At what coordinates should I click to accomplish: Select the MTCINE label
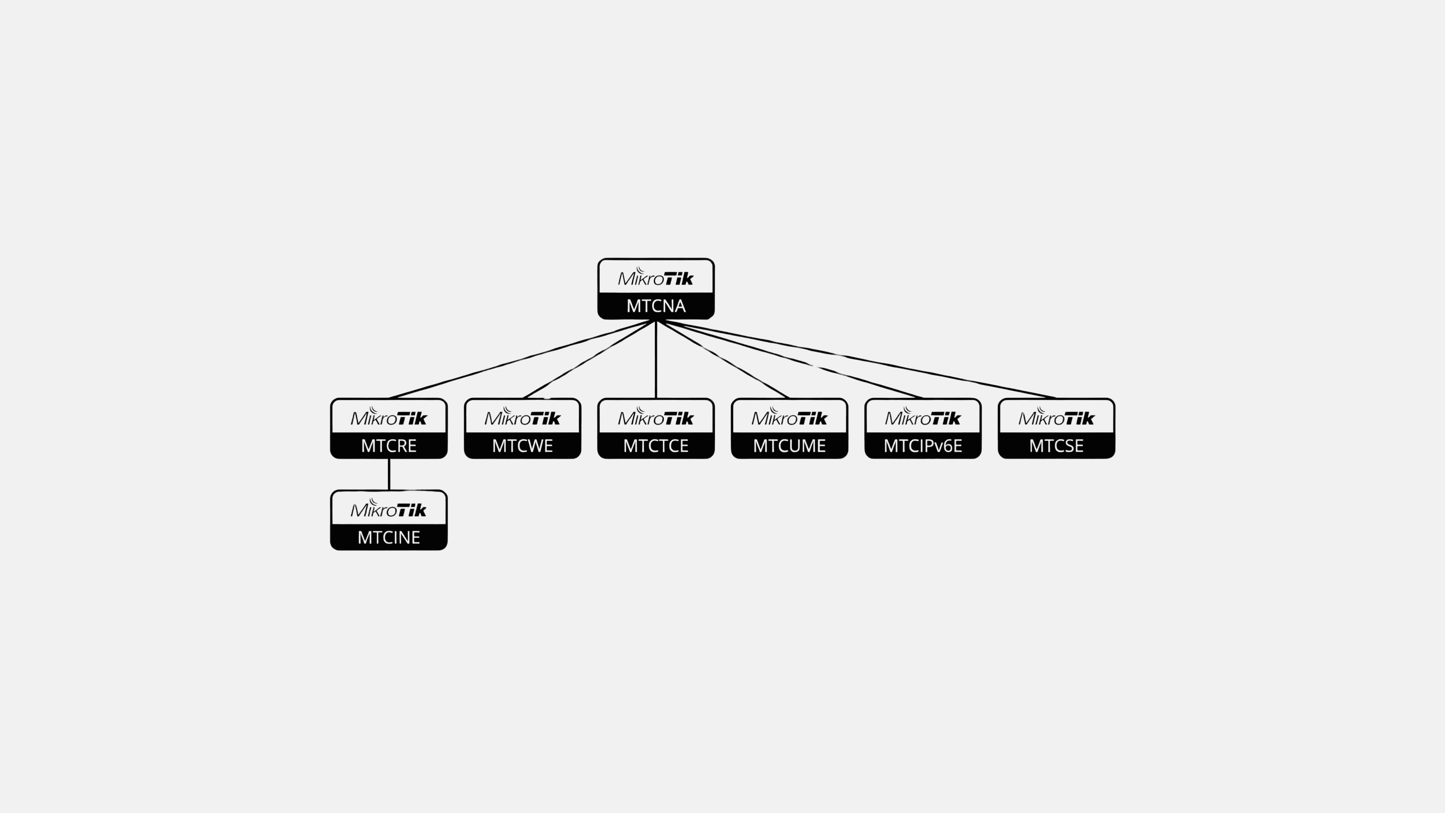coord(389,538)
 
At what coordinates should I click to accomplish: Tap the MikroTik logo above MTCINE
coord(389,509)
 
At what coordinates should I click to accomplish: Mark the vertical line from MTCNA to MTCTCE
coord(656,359)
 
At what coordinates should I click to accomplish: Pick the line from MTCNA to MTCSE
coord(856,359)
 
